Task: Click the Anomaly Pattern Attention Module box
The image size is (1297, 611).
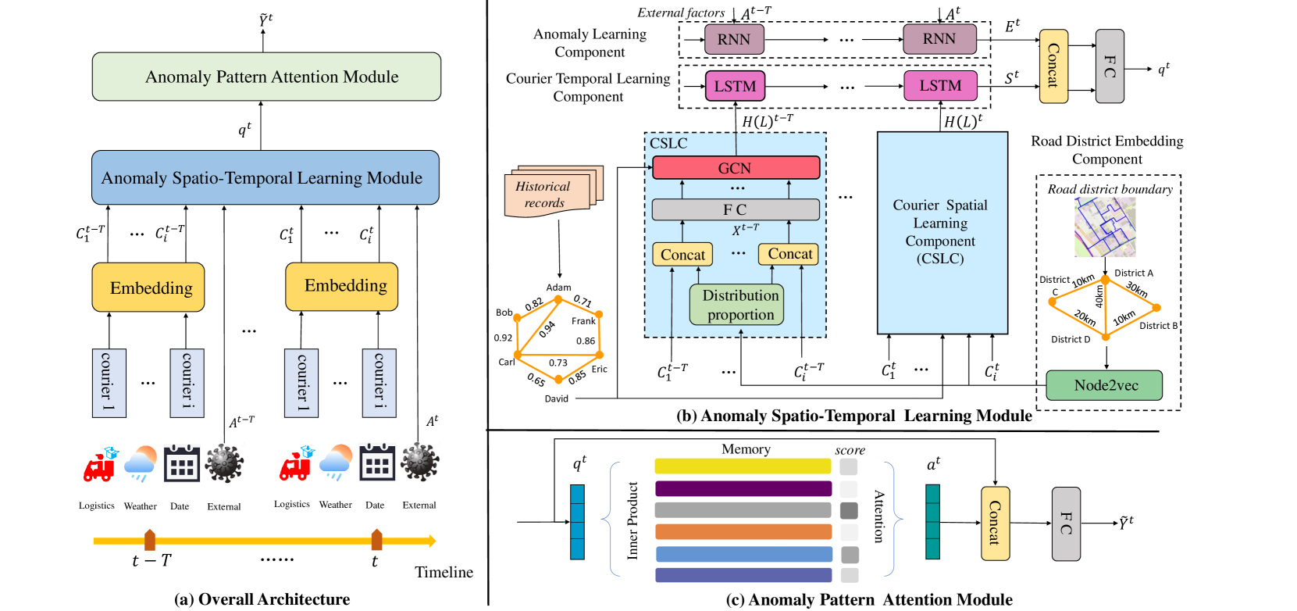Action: (266, 77)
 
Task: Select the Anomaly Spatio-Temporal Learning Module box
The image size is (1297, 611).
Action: (265, 177)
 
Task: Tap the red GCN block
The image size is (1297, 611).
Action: (736, 168)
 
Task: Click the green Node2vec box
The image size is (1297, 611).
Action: (1104, 385)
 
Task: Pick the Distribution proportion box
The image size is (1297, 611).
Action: (736, 305)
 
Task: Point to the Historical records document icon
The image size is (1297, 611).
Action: (551, 191)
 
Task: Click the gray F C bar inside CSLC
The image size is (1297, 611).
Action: (736, 209)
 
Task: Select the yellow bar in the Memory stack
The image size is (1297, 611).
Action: (743, 466)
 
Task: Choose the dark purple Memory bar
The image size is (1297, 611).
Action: (743, 488)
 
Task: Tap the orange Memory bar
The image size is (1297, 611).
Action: (743, 532)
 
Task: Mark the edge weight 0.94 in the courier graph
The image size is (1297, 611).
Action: (547, 328)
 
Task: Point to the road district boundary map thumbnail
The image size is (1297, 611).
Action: (1105, 227)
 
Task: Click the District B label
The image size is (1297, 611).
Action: (1158, 326)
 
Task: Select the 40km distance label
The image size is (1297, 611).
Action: (1099, 296)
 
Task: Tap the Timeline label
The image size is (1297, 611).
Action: (444, 573)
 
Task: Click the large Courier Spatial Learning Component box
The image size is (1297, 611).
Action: (942, 232)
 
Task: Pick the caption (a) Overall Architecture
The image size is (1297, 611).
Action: (262, 599)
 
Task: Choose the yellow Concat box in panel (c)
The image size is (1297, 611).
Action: (995, 523)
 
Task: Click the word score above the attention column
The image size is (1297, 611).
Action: (850, 450)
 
